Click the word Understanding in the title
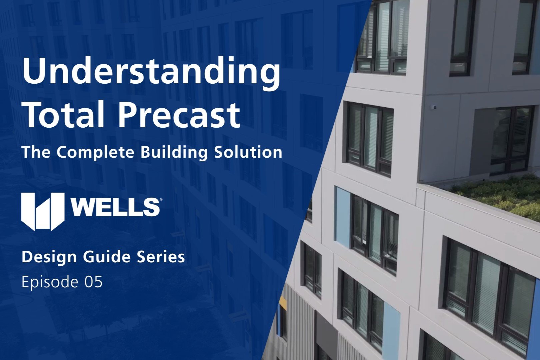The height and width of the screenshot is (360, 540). [151, 72]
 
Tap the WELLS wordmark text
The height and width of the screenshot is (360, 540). [114, 207]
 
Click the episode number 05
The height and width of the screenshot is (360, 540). [93, 282]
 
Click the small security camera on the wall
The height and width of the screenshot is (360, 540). [434, 107]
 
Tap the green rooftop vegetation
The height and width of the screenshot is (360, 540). [500, 197]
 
